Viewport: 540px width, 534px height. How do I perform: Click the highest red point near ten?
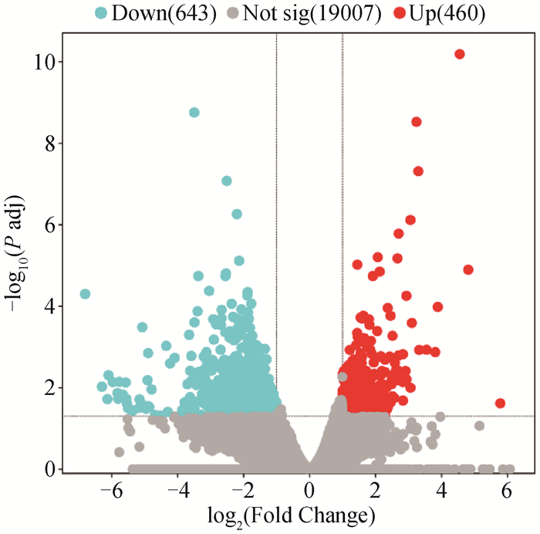coord(460,54)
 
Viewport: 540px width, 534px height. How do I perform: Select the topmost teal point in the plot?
coord(194,113)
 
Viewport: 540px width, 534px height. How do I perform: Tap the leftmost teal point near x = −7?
coord(85,294)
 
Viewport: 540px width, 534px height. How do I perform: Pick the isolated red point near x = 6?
coord(500,404)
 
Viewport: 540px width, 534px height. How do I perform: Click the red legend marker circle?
coord(399,13)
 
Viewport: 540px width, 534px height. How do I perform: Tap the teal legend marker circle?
coord(100,13)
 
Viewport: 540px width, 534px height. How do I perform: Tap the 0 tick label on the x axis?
coord(309,490)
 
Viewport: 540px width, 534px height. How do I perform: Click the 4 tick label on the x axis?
coord(440,490)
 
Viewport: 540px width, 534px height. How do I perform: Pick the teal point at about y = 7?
coord(227,181)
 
